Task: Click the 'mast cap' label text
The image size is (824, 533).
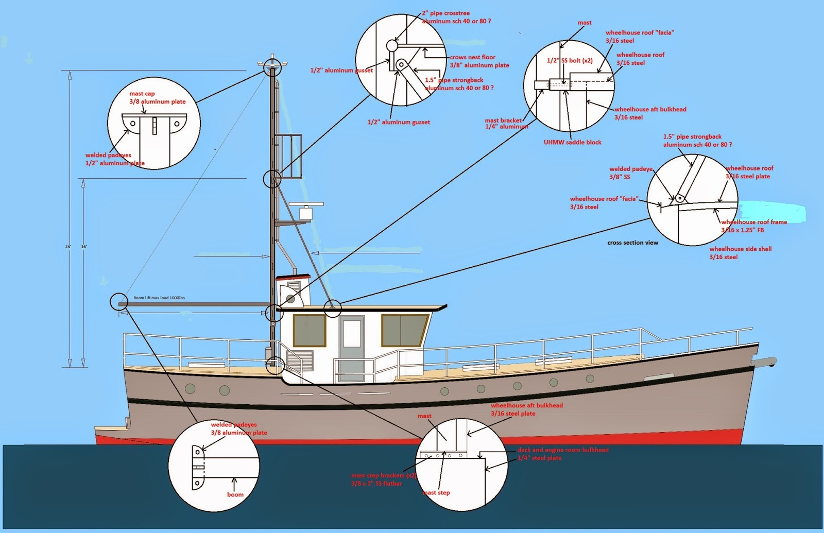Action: click(142, 94)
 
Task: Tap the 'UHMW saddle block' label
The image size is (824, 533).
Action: click(572, 142)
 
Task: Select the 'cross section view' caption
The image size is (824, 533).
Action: click(632, 243)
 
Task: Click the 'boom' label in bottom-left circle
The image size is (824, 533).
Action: click(235, 494)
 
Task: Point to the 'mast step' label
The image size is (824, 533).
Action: click(437, 493)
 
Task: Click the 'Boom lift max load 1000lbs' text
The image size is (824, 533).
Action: click(159, 298)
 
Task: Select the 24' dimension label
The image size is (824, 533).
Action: click(67, 247)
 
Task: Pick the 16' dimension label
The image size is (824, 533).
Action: click(83, 247)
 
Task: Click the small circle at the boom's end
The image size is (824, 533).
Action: click(118, 301)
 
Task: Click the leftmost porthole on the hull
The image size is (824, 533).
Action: click(190, 388)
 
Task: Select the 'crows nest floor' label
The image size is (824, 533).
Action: click(472, 57)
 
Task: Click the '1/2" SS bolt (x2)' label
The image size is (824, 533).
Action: click(569, 61)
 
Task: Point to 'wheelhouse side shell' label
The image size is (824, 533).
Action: click(740, 249)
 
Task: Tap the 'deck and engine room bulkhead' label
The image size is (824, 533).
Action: click(562, 450)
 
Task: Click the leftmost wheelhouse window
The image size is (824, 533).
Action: click(310, 330)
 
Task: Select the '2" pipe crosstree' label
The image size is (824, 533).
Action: click(445, 13)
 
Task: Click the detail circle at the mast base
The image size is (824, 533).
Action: click(276, 365)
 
